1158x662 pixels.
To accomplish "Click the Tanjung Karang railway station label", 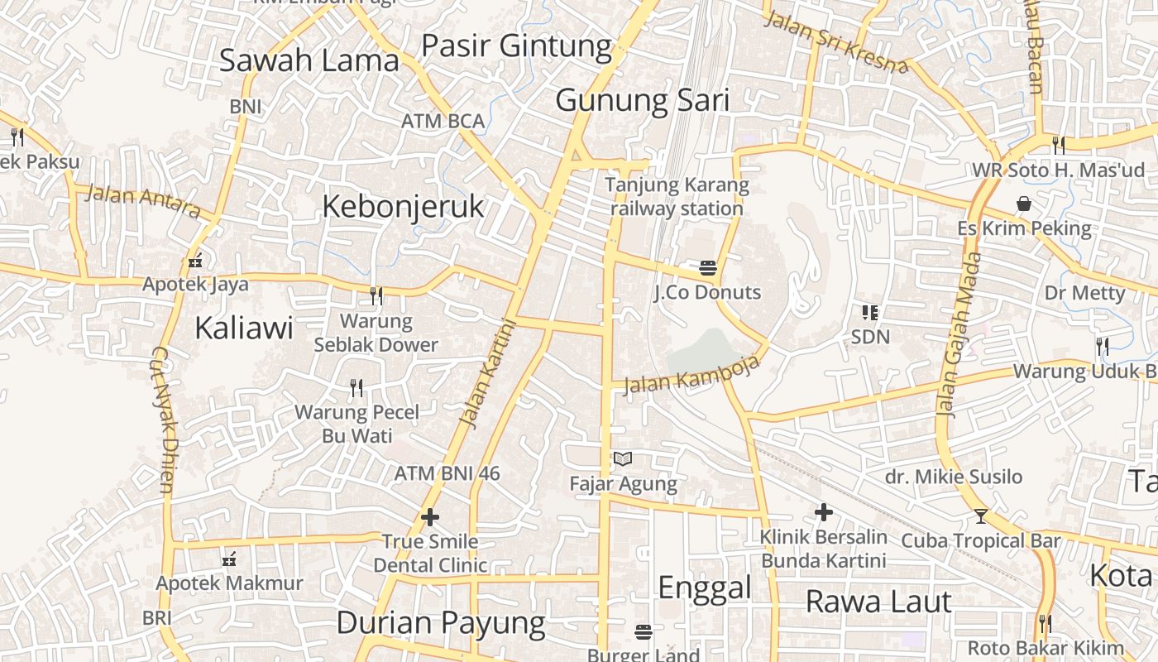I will [x=677, y=197].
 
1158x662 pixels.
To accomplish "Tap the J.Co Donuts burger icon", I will [x=707, y=267].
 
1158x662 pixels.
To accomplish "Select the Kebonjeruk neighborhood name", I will [x=403, y=206].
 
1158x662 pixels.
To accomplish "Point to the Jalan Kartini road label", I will [x=486, y=375].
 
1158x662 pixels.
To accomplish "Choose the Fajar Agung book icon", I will [x=623, y=459].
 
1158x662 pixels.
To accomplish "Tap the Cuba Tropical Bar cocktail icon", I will [x=981, y=516].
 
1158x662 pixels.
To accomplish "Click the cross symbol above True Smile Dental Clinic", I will [x=430, y=518].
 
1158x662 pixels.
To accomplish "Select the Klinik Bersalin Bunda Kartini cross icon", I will [x=823, y=512].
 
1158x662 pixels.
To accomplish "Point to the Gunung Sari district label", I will [x=643, y=100].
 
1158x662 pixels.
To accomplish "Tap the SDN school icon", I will [x=869, y=313].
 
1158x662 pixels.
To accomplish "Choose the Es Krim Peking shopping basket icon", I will [x=1024, y=204].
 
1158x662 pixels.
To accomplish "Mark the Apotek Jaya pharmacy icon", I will [x=195, y=261].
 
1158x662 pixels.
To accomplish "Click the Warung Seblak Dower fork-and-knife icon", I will [x=376, y=295].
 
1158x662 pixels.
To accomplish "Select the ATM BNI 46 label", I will [x=447, y=473].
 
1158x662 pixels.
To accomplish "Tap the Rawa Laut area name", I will [x=878, y=602].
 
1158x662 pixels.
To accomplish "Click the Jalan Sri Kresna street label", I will [x=835, y=42].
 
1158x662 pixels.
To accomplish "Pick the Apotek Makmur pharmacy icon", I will [x=230, y=560].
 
